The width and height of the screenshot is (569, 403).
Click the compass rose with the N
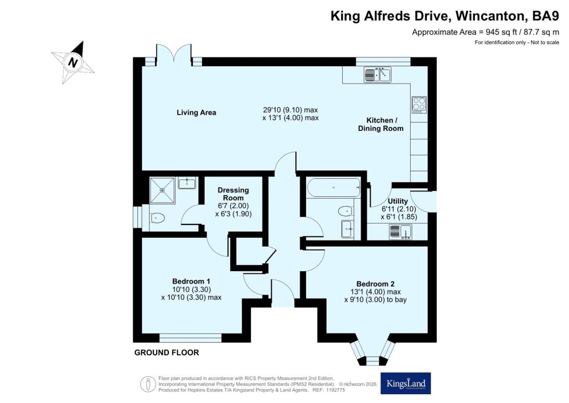(73, 62)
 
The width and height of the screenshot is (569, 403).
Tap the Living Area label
(196, 112)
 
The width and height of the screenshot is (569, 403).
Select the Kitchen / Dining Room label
(381, 125)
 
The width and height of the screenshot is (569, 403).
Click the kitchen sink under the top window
(378, 73)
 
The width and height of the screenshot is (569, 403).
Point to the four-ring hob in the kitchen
(418, 104)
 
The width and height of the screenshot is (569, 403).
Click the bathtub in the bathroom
(332, 187)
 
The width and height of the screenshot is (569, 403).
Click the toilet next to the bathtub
(345, 210)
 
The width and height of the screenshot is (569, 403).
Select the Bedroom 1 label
(191, 281)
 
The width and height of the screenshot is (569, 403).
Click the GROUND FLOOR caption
(166, 353)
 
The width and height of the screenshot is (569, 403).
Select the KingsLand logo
(406, 383)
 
